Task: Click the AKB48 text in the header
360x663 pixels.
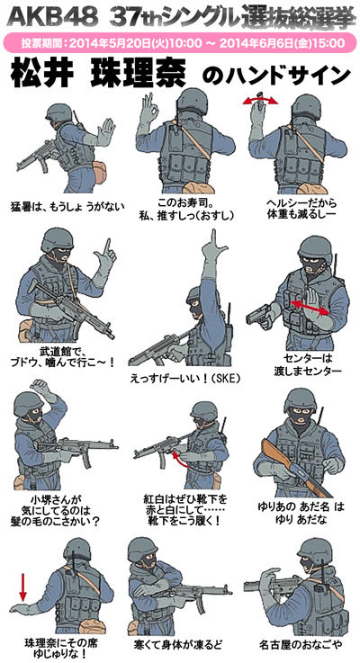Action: pyautogui.click(x=53, y=17)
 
